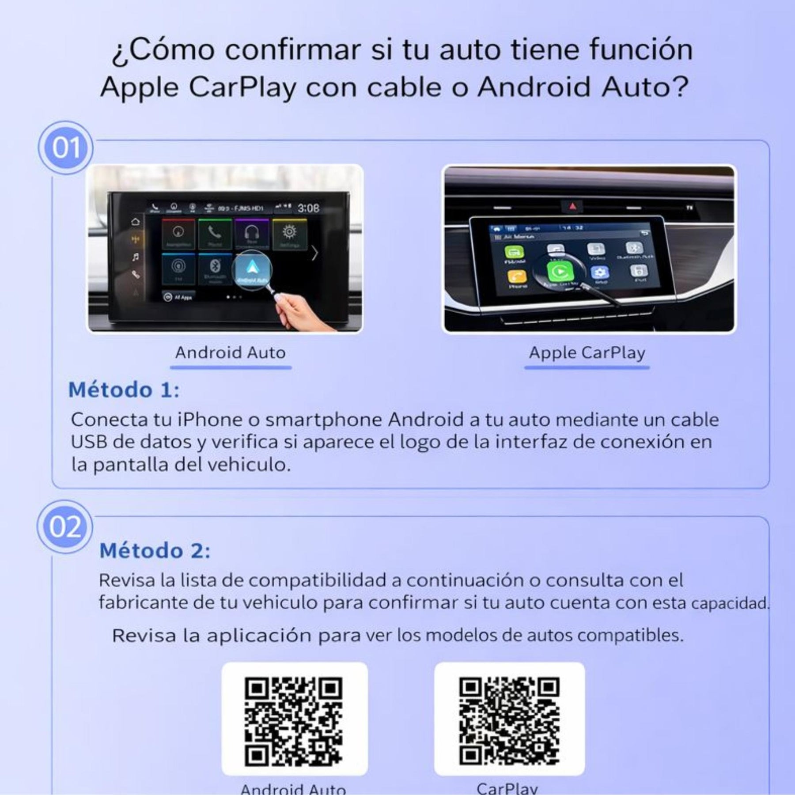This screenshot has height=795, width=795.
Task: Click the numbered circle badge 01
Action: pyautogui.click(x=65, y=148)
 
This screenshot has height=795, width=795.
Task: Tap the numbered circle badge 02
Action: pyautogui.click(x=65, y=526)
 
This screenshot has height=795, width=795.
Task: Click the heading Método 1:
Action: pyautogui.click(x=124, y=390)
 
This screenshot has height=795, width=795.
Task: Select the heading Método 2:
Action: pyautogui.click(x=155, y=551)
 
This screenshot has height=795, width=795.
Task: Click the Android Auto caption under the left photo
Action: pyautogui.click(x=230, y=352)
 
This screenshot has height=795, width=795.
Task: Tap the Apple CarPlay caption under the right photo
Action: pyautogui.click(x=587, y=352)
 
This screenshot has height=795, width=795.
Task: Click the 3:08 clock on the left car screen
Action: pyautogui.click(x=308, y=208)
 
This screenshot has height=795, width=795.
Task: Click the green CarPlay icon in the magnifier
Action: pyautogui.click(x=560, y=272)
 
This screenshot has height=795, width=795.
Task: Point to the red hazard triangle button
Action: pyautogui.click(x=573, y=206)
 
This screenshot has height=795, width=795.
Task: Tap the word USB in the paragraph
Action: pyautogui.click(x=89, y=442)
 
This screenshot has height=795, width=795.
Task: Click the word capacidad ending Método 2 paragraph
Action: pyautogui.click(x=729, y=603)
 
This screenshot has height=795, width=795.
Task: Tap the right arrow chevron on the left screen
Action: pyautogui.click(x=314, y=253)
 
